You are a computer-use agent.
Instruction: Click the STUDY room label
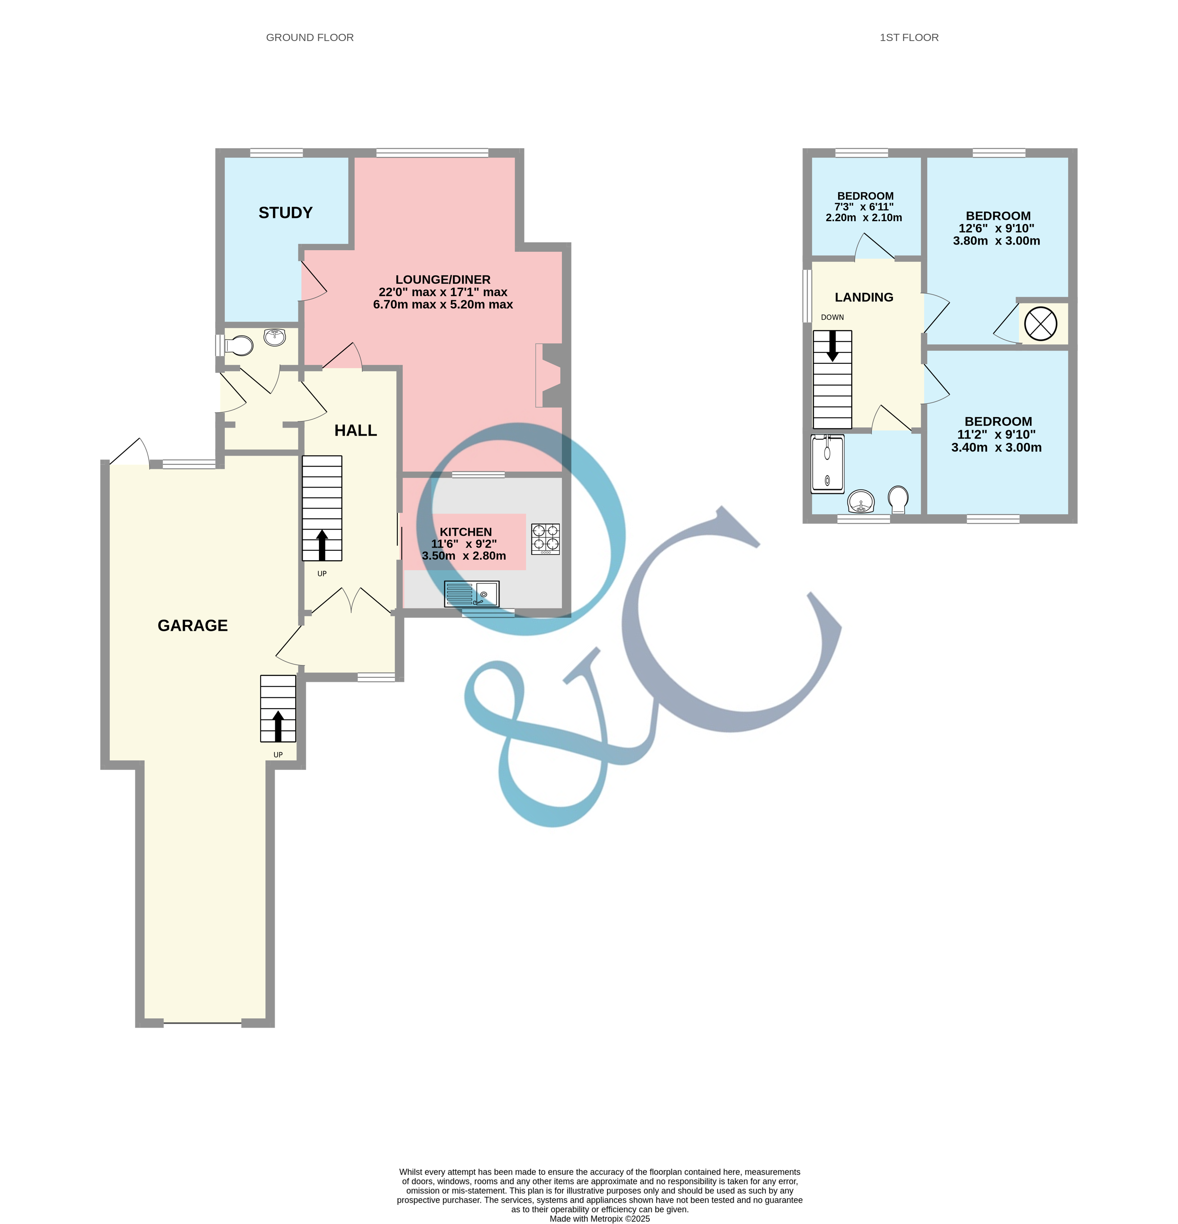point(286,213)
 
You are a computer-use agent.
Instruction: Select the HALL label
point(355,430)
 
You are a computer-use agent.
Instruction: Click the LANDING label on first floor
point(864,297)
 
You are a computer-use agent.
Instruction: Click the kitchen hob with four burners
point(545,539)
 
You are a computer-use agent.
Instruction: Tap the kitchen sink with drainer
point(471,594)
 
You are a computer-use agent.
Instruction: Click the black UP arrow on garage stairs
point(278,725)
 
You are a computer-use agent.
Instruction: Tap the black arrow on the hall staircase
point(322,544)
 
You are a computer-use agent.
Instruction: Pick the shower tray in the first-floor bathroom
point(827,463)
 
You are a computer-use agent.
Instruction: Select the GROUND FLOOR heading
point(310,37)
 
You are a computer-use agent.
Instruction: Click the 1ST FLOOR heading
point(909,37)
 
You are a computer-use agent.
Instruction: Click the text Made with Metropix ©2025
point(600,1218)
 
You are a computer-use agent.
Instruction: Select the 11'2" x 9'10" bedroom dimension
point(996,435)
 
